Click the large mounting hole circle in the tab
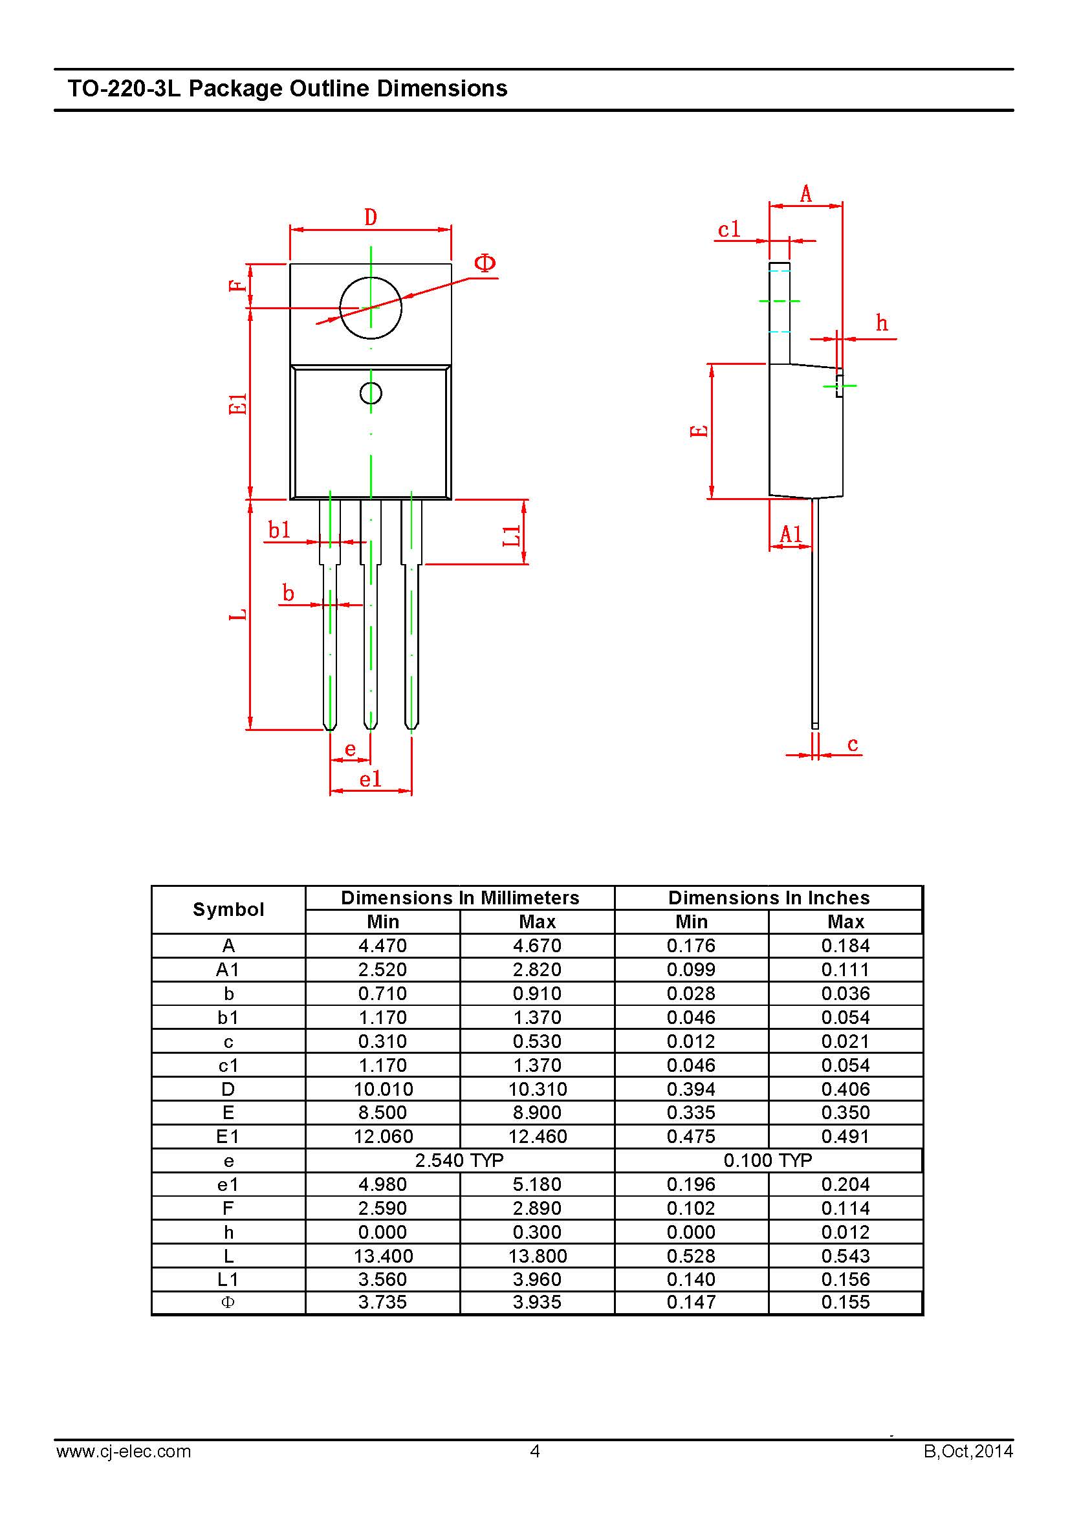370,308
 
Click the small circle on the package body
371,393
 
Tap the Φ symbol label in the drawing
485,263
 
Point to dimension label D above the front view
371,217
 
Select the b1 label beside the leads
279,530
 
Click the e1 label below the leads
370,779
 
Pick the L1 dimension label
512,536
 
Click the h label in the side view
882,323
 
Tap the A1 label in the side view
791,534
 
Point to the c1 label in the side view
729,230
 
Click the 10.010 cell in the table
384,1089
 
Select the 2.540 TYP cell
459,1160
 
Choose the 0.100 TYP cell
768,1160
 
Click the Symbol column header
228,909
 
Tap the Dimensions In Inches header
769,898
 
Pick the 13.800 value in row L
538,1256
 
